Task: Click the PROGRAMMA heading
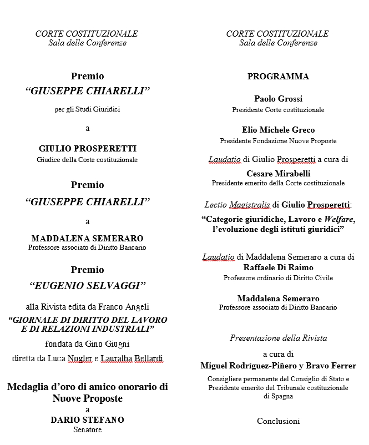point(278,77)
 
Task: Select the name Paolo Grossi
point(278,99)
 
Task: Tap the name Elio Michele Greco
point(278,129)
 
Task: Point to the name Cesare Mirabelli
point(278,173)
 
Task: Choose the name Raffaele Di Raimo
point(278,267)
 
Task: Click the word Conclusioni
point(278,421)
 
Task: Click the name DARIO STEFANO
point(87,419)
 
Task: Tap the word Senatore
point(87,429)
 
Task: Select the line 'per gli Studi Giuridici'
point(87,109)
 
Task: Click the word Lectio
point(215,205)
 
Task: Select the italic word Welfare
point(339,219)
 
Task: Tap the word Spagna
point(278,396)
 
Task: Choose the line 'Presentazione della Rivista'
point(278,338)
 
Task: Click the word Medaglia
point(28,386)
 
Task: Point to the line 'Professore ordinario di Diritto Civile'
point(278,277)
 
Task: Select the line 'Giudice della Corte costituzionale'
point(87,160)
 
